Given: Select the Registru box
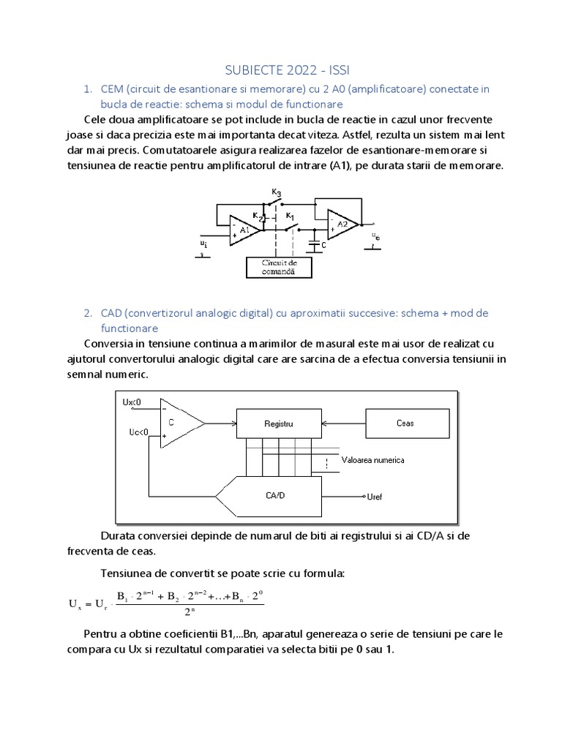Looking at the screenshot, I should point(278,423).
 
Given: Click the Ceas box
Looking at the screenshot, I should point(405,423).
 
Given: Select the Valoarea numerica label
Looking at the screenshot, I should point(372,460).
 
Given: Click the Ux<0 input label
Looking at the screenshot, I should point(132,402).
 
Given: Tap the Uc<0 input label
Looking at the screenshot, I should point(138,432).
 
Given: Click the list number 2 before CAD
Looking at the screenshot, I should point(87,312).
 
